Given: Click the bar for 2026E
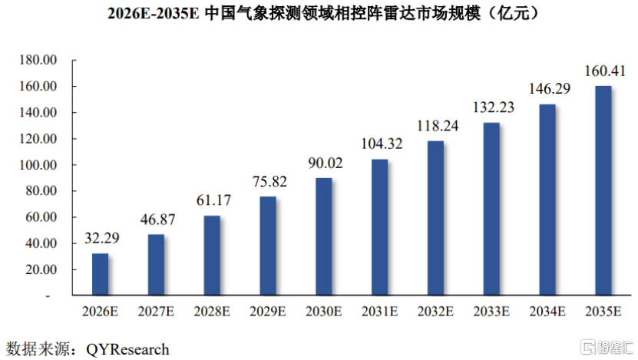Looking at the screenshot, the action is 100,274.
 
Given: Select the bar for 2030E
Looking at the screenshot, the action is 324,236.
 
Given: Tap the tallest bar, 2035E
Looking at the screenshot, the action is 603,190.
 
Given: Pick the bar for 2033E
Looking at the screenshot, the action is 491,209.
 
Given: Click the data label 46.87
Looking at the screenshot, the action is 158,220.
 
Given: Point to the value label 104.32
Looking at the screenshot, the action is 382,144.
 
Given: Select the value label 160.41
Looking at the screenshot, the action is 605,71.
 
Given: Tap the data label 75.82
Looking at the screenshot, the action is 269,181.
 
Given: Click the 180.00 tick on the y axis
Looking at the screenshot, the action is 38,60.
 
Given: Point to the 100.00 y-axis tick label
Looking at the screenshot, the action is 38,165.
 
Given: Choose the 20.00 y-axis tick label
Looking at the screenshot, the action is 41,269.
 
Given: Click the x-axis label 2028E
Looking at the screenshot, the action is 212,312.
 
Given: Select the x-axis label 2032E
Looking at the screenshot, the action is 435,312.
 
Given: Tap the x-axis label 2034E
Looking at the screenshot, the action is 547,312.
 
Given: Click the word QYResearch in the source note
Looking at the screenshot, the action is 127,349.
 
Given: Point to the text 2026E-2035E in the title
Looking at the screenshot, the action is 153,13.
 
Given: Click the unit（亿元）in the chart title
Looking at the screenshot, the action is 514,13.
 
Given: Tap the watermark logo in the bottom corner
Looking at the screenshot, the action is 607,347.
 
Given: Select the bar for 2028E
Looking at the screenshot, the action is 212,255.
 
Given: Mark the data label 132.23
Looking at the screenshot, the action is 494,107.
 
